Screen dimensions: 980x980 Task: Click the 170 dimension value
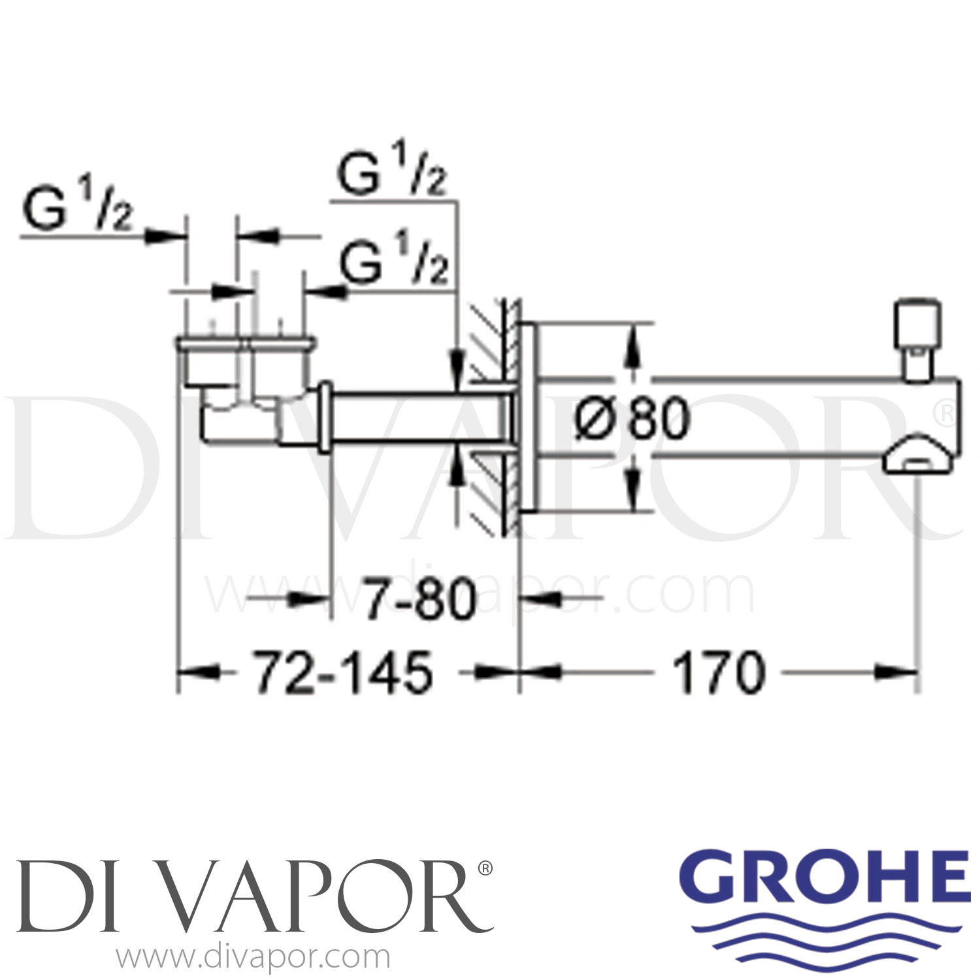point(718,673)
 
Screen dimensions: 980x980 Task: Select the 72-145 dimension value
point(343,673)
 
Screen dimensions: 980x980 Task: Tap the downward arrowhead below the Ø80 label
point(632,493)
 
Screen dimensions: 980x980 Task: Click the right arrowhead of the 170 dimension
point(902,672)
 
